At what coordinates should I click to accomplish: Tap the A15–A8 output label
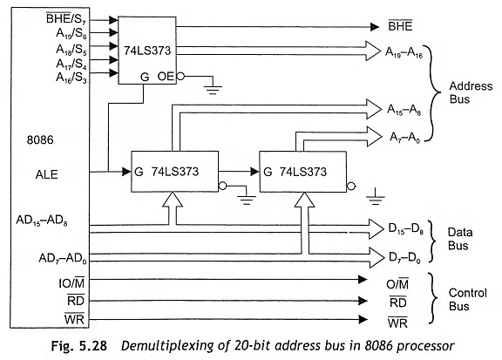coord(405,111)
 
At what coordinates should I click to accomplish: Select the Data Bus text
coord(464,241)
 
